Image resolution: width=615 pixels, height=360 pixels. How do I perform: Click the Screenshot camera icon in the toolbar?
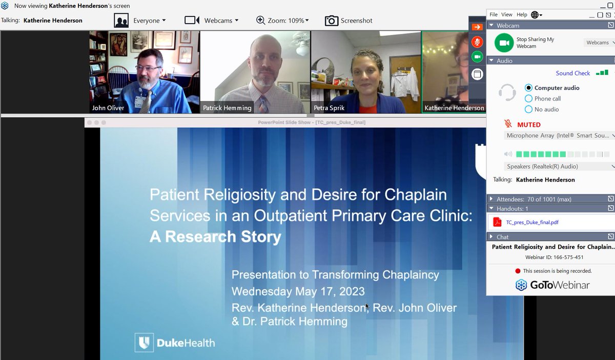click(332, 21)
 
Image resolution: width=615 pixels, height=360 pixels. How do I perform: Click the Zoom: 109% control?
click(282, 21)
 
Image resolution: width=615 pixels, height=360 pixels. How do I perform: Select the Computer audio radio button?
click(529, 88)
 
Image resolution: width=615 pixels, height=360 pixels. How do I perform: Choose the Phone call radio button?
click(529, 98)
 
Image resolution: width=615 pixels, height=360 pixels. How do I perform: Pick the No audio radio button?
click(529, 109)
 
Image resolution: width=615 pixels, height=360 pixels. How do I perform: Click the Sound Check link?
click(572, 73)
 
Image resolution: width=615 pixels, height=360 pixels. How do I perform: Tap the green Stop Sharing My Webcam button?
click(504, 43)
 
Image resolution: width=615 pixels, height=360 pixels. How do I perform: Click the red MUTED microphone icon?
click(508, 124)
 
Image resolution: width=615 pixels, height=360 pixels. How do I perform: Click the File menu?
click(494, 15)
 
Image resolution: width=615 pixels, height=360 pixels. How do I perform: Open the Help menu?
click(522, 15)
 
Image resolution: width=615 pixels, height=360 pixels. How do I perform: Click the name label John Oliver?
click(108, 108)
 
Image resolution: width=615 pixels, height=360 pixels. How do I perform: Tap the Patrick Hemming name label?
click(227, 108)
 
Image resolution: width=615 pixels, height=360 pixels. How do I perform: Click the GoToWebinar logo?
click(552, 285)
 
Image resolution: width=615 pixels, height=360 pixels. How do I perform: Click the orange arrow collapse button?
click(477, 27)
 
